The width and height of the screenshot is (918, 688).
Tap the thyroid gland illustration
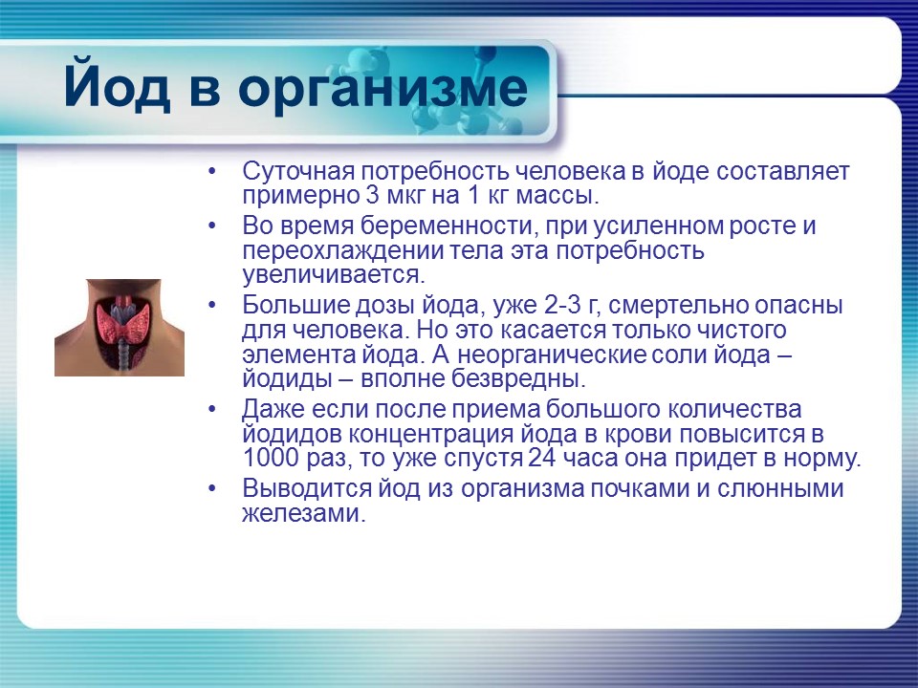tap(120, 327)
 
